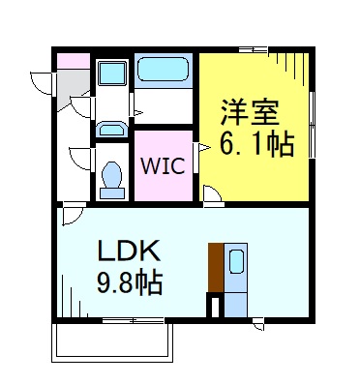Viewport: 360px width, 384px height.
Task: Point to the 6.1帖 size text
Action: coord(255,145)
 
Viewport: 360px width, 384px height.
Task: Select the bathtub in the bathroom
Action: coord(164,71)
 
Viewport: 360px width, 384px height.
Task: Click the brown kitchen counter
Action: coord(215,267)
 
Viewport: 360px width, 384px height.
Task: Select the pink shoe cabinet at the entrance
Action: coord(72,61)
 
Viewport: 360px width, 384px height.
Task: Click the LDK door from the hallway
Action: coord(72,215)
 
